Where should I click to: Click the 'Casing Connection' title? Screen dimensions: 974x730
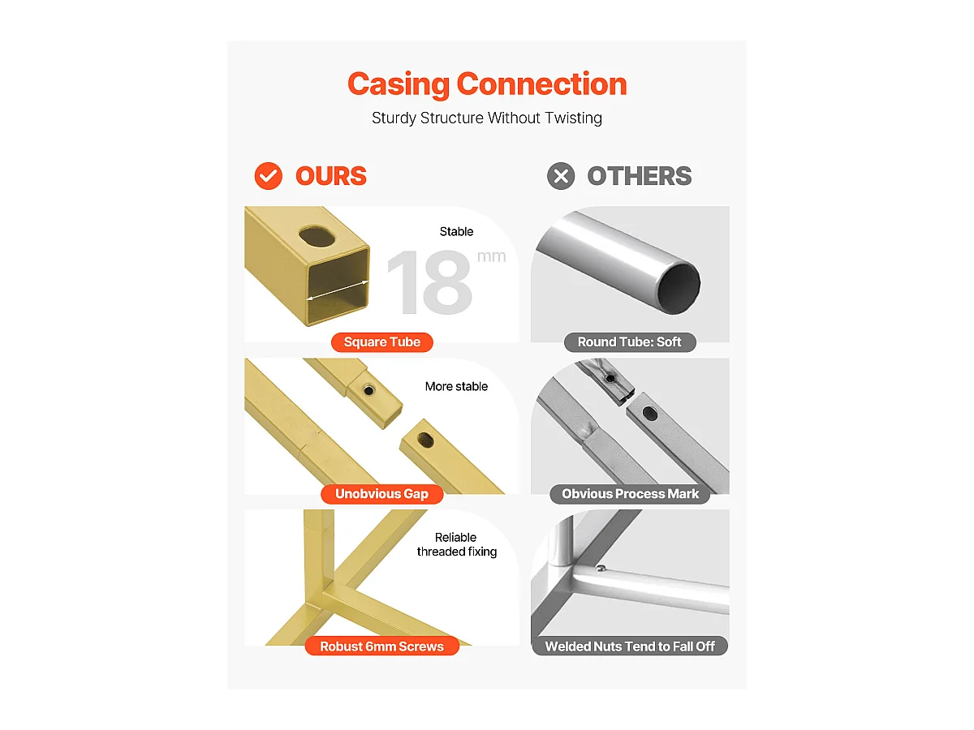click(x=487, y=84)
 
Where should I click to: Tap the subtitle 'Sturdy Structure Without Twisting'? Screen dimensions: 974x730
click(x=487, y=118)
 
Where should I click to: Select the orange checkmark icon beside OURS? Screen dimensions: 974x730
click(x=268, y=176)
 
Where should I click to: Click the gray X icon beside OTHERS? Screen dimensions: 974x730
click(x=561, y=176)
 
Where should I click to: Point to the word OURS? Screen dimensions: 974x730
click(x=331, y=176)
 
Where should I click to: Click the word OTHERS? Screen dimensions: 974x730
click(x=640, y=176)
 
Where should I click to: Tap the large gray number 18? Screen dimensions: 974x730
click(x=429, y=282)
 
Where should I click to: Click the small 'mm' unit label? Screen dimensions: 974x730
click(x=492, y=256)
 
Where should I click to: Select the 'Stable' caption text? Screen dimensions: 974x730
click(x=456, y=231)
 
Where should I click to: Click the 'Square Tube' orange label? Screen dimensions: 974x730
click(x=382, y=342)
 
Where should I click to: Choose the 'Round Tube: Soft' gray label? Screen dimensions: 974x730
click(x=630, y=342)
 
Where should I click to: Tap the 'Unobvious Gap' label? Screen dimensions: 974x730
click(x=382, y=494)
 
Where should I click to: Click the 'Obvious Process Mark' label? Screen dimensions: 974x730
click(x=630, y=494)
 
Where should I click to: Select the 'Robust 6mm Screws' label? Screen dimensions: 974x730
click(x=382, y=646)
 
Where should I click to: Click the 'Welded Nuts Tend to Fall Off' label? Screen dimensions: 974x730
click(x=630, y=646)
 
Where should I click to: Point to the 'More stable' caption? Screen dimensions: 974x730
click(x=456, y=387)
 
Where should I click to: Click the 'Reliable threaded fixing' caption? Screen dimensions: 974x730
click(x=457, y=545)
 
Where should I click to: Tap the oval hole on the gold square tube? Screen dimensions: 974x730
click(x=317, y=237)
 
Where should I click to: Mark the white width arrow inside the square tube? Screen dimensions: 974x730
click(x=338, y=290)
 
